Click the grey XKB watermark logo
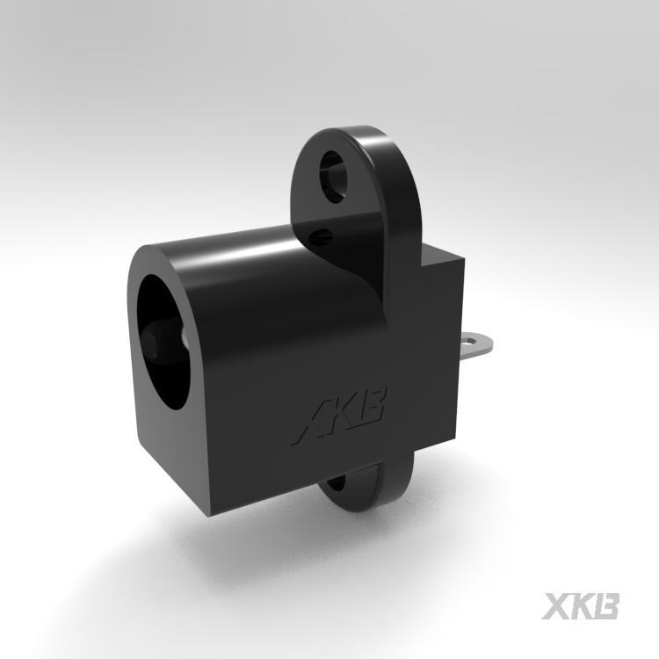click(581, 606)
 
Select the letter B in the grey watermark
click(605, 606)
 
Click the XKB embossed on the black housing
click(341, 420)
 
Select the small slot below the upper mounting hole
click(324, 235)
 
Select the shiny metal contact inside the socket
click(185, 338)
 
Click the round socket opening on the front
click(167, 343)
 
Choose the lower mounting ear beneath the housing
click(360, 483)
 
